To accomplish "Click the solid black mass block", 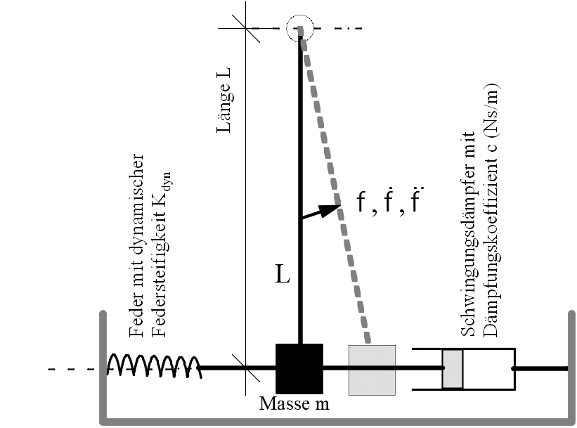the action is (x=299, y=369).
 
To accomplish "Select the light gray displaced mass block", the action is (x=372, y=370).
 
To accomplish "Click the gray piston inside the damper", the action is (x=453, y=369).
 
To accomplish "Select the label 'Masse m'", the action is (x=294, y=403).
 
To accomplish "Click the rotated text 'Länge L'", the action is (x=223, y=100).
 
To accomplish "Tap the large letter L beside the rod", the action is (x=283, y=274).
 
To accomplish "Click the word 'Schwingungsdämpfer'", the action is (x=469, y=234).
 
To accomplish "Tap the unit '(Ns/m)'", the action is (x=491, y=111).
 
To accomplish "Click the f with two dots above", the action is (x=415, y=200).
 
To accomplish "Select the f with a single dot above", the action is (x=389, y=201).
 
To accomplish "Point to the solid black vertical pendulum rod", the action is (x=301, y=186).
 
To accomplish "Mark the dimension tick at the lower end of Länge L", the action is (x=246, y=368).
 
